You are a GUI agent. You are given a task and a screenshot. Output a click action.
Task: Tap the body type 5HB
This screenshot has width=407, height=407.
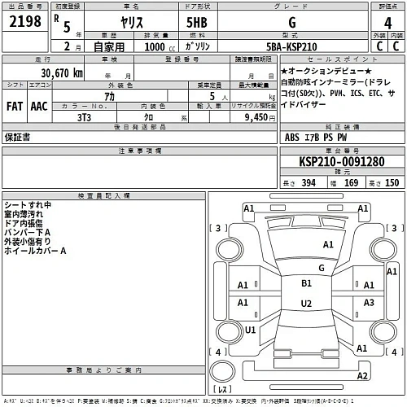[196, 24]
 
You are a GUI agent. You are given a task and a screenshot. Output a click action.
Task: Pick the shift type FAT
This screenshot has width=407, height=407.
[15, 106]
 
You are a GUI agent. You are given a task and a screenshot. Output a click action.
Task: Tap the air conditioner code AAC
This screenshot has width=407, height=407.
[39, 106]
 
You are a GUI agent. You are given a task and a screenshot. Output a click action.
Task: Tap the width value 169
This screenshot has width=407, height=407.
[350, 182]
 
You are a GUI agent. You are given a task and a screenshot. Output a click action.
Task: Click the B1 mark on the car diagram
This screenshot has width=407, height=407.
[307, 283]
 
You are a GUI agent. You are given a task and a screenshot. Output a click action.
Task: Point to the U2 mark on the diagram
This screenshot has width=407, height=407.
[307, 304]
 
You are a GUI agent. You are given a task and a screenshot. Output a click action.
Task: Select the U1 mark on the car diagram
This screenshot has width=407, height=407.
[251, 330]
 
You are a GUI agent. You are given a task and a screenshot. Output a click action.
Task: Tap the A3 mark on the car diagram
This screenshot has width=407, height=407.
[370, 303]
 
